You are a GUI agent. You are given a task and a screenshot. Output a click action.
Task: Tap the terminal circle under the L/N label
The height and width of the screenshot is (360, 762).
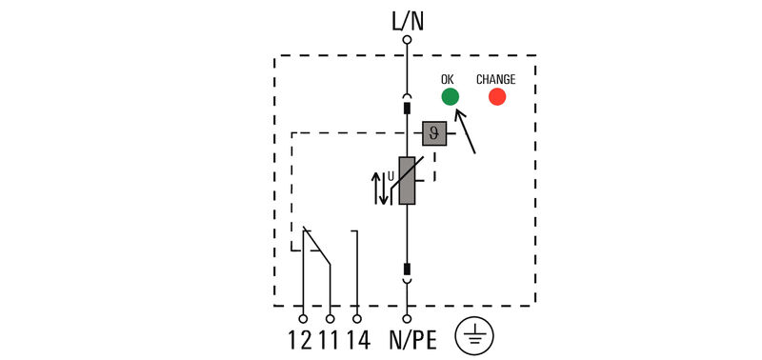coord(407,40)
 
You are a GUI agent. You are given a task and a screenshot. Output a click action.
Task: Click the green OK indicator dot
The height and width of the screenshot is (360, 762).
coord(450,96)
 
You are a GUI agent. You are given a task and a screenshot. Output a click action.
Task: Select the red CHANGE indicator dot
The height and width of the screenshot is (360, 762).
coord(497,96)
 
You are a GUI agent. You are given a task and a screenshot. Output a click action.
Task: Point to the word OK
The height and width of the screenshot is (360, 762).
coord(449,79)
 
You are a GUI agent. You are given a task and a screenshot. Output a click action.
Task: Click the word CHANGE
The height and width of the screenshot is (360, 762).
coord(495,79)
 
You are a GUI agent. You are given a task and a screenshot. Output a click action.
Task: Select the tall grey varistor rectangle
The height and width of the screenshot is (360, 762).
coord(408,181)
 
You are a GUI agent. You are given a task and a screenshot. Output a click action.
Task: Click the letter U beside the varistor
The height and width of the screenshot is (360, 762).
coord(391,175)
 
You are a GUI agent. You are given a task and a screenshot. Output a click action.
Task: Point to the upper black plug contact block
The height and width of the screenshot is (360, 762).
coord(407,108)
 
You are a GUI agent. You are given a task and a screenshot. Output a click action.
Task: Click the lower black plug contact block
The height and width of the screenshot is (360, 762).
coord(407,270)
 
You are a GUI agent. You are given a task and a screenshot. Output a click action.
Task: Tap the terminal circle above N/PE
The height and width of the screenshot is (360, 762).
coord(407,318)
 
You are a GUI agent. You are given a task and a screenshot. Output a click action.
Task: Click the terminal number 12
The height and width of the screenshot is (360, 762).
coord(300,340)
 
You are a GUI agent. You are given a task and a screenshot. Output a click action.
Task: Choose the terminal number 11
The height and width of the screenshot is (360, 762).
coord(328,340)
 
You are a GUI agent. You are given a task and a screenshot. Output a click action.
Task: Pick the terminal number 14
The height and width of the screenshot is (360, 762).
coord(357,340)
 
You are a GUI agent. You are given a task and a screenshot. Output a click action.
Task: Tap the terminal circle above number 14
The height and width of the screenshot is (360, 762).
coord(357,318)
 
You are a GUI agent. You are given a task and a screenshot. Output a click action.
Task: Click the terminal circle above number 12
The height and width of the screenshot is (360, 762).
coord(304,318)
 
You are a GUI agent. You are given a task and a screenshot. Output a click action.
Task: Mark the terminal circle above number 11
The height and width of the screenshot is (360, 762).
coord(330,318)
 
